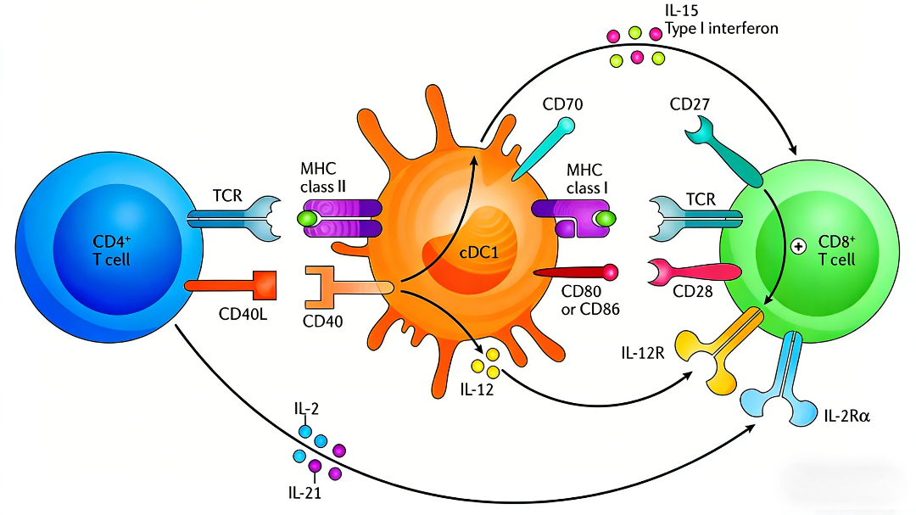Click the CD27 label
pos(690,104)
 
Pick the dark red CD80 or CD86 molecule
pos(576,272)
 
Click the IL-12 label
pos(477,390)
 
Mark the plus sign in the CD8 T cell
pos(797,247)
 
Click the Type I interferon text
pos(721,29)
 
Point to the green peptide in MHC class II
pos(307,219)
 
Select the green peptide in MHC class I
pos(604,219)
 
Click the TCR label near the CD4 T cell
pos(226,197)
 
